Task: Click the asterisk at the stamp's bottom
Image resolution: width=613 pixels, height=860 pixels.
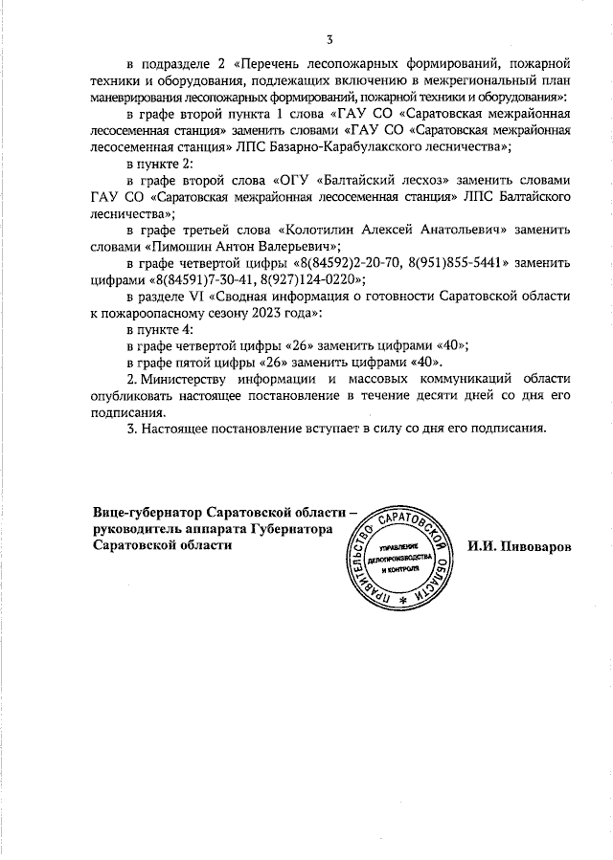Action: tap(402, 599)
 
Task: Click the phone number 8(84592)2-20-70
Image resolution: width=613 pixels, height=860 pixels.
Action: tap(347, 262)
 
